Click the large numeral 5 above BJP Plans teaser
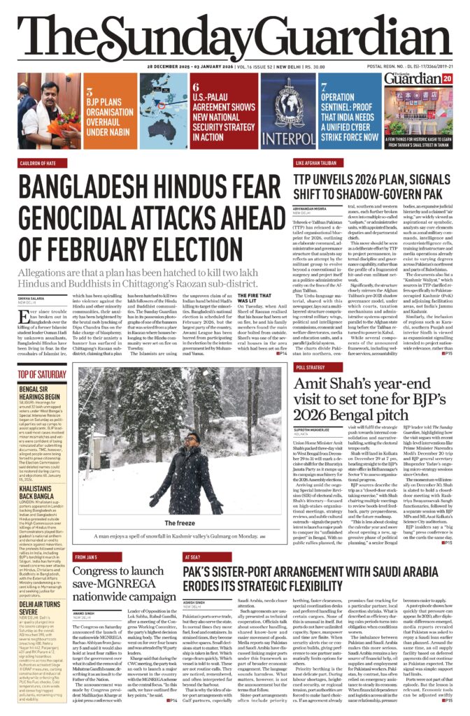(x=89, y=91)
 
